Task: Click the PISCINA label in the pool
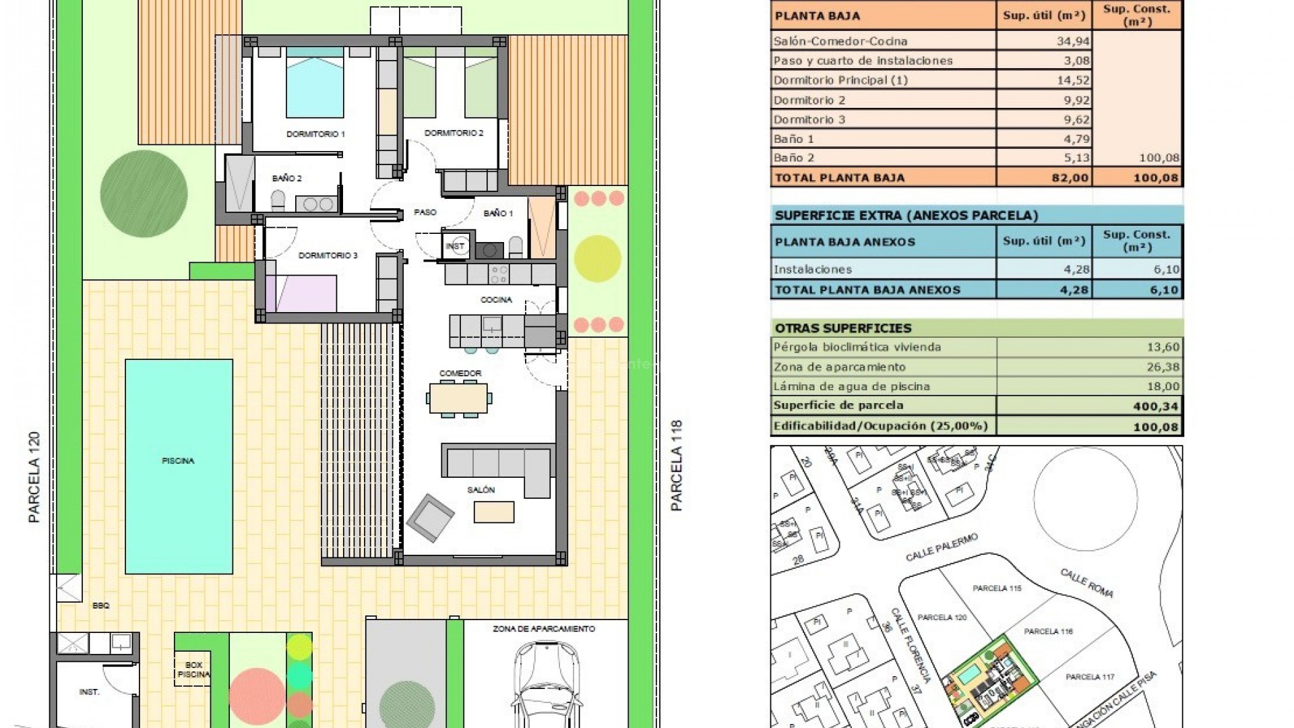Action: (178, 461)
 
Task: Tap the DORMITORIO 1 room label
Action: (315, 134)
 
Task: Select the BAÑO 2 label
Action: (286, 179)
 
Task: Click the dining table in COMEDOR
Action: (459, 398)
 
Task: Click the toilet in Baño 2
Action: (278, 200)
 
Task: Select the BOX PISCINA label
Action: (193, 669)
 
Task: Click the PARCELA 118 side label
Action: (677, 465)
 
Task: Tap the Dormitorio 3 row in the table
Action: (809, 119)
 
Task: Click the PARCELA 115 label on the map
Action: (997, 588)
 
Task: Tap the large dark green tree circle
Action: (144, 193)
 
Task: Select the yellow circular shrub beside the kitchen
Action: (598, 258)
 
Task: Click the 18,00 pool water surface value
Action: (1166, 386)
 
